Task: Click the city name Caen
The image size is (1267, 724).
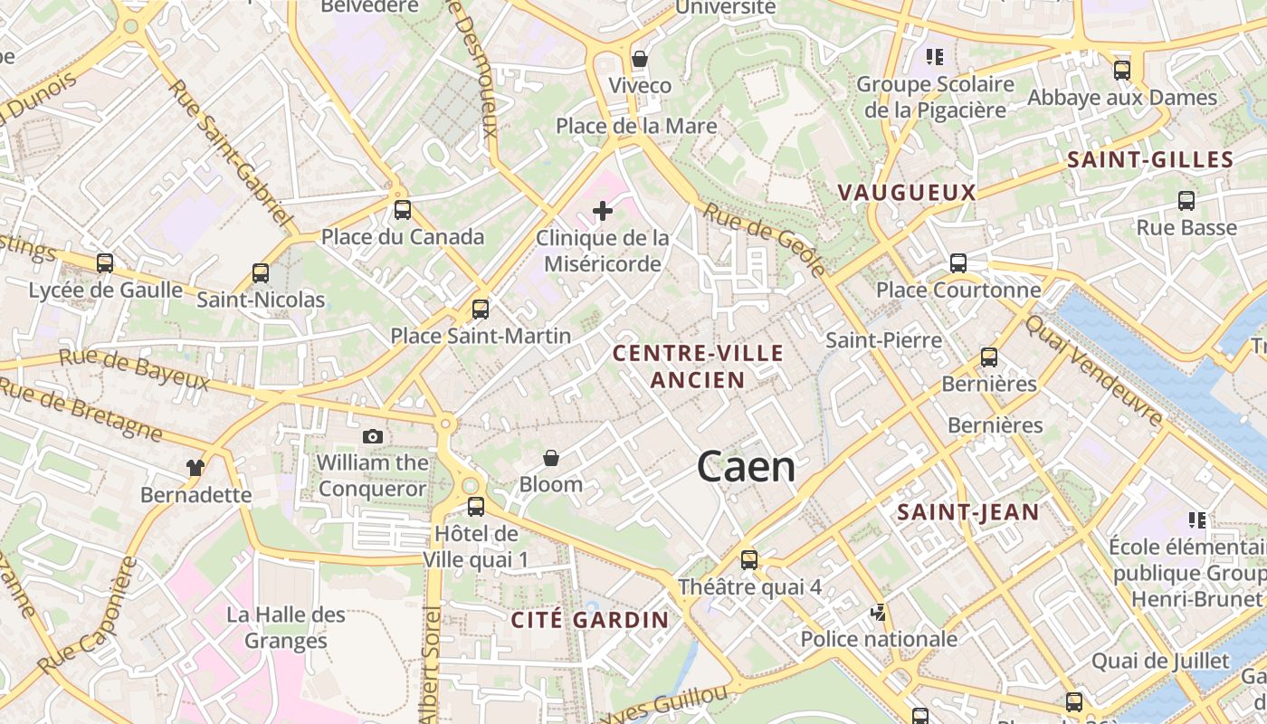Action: click(747, 466)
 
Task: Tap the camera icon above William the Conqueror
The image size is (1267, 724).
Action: click(372, 436)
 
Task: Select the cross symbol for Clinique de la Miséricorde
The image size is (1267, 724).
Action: click(602, 212)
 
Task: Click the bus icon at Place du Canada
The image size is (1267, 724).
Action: click(403, 210)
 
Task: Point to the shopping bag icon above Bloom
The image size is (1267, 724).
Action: click(550, 459)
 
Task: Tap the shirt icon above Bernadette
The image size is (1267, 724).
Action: click(195, 468)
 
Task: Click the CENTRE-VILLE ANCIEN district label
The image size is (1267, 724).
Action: click(698, 366)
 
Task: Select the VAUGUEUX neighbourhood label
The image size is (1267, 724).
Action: click(907, 192)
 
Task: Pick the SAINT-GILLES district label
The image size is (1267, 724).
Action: click(1149, 160)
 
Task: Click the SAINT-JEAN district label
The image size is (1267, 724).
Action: click(967, 512)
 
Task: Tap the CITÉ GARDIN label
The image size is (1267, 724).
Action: click(589, 620)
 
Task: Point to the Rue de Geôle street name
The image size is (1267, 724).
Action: click(765, 240)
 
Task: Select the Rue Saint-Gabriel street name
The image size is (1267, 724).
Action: click(231, 154)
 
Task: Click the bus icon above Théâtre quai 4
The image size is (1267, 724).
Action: click(748, 559)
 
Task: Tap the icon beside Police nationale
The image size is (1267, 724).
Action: click(877, 613)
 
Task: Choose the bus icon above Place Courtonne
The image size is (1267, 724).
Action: click(957, 263)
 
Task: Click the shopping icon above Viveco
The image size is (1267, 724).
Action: click(640, 60)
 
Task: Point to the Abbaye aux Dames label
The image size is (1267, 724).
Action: click(1122, 97)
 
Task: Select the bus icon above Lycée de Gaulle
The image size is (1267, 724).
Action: click(105, 263)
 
